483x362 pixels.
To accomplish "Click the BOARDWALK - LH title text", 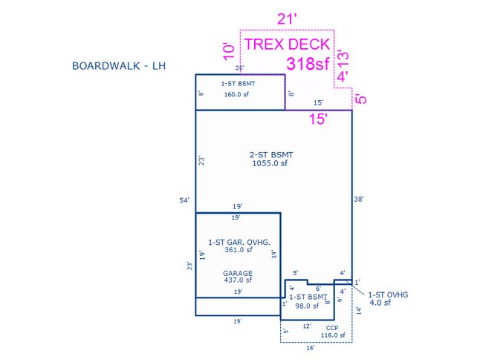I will tap(117, 66).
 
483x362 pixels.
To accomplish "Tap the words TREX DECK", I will tap(287, 44).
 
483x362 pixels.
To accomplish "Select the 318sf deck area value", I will tap(308, 64).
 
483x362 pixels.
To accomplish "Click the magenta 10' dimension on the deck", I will tap(230, 50).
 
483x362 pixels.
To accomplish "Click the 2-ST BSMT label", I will tap(271, 154).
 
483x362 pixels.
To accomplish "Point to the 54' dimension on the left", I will tap(184, 200).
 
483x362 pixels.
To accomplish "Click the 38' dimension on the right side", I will tap(359, 198).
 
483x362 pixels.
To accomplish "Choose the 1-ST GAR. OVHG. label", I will tap(239, 243).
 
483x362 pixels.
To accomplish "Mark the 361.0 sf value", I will tap(239, 251).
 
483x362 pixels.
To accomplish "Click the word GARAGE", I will tap(238, 272).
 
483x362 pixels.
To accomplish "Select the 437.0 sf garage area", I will tap(239, 280).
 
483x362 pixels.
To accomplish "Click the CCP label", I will tap(332, 326).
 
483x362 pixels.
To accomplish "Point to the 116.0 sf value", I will tap(331, 335).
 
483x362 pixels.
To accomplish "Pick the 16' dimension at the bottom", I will tap(311, 347).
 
